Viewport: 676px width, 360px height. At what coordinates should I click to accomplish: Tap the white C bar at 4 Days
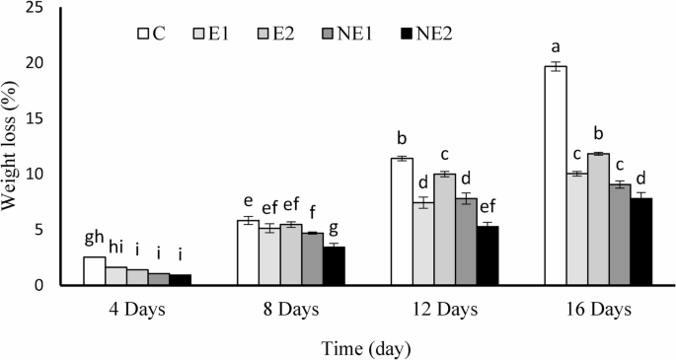click(x=94, y=270)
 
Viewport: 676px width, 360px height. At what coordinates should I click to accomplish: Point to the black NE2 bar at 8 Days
click(x=335, y=265)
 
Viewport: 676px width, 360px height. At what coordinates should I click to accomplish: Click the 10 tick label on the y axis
click(x=37, y=174)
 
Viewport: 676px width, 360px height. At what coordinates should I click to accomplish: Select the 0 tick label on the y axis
click(x=40, y=285)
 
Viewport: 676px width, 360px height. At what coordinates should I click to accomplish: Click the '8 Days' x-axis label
click(x=290, y=308)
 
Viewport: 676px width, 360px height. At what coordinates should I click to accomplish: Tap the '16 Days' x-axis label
click(x=599, y=308)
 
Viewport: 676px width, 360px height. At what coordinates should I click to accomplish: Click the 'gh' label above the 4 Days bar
click(x=94, y=238)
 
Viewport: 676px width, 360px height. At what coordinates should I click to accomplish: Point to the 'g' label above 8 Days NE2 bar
click(x=335, y=228)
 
